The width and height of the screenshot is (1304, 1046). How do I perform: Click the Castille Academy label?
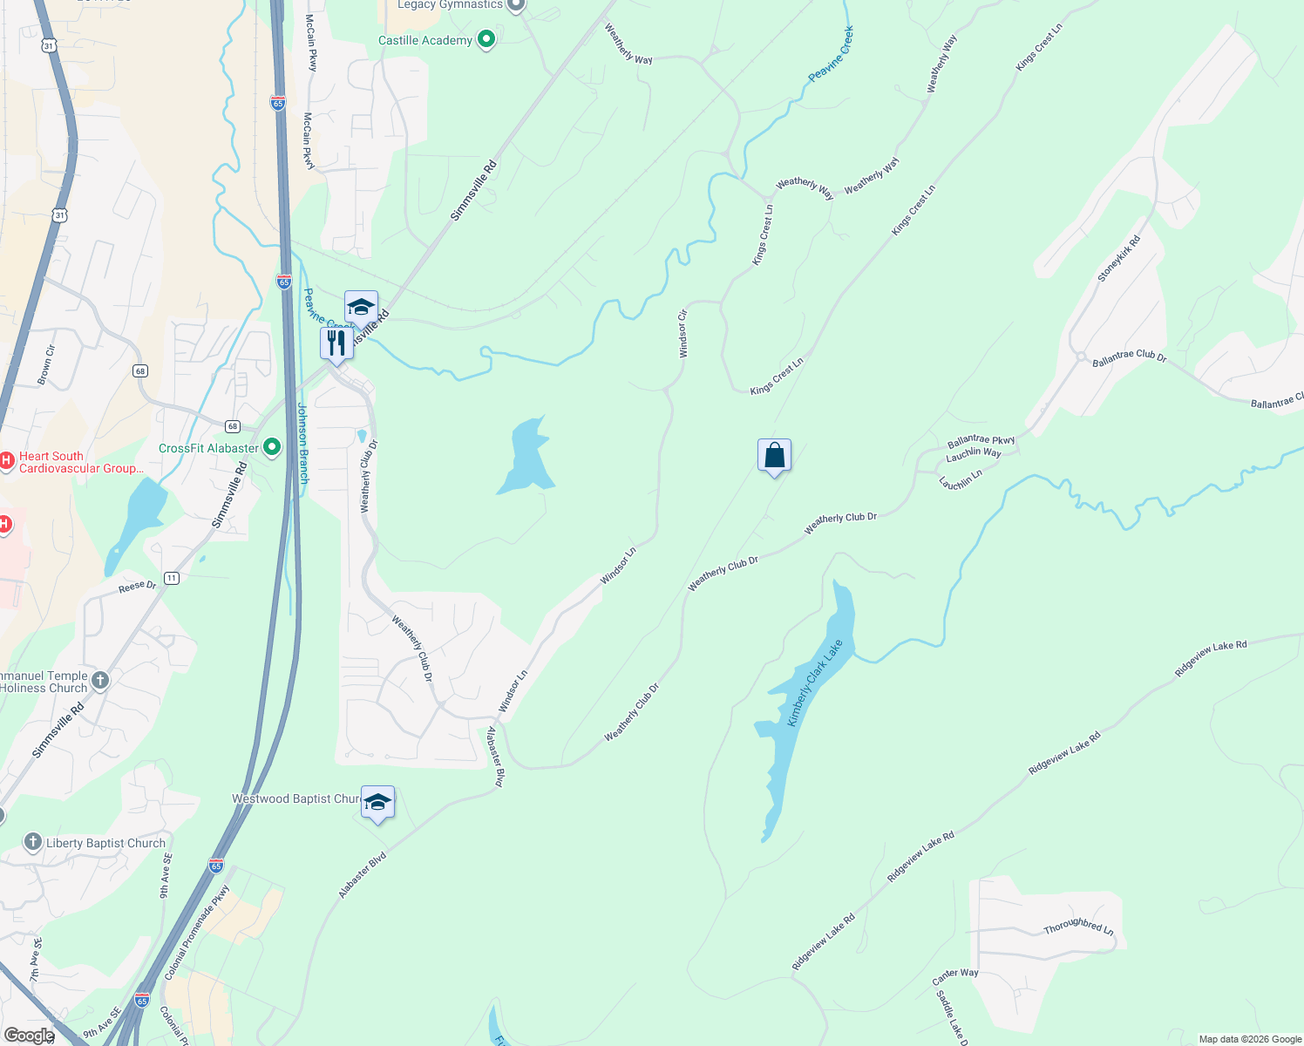[424, 40]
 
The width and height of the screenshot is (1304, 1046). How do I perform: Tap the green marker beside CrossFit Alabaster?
[272, 448]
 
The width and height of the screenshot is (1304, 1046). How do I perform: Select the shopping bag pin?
[774, 456]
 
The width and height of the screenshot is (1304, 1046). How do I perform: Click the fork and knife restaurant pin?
[336, 344]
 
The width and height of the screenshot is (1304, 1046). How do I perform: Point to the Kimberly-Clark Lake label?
[815, 683]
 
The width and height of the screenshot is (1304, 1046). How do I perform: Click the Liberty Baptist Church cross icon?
[33, 842]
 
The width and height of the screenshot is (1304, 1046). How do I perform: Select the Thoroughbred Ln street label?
[1078, 926]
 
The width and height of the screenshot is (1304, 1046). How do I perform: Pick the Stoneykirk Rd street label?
[1118, 259]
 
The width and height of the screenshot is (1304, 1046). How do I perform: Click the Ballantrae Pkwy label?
[981, 440]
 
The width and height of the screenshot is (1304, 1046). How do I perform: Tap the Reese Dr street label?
[137, 587]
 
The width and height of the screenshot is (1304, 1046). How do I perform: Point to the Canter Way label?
[955, 976]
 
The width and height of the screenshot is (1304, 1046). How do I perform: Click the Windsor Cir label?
[683, 333]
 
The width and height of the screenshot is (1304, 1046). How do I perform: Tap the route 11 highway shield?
[172, 578]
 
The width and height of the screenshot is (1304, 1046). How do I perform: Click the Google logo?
[29, 1035]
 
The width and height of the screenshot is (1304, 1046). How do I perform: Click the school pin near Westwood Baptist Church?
[377, 803]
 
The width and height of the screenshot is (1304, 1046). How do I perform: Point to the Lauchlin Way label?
[974, 453]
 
